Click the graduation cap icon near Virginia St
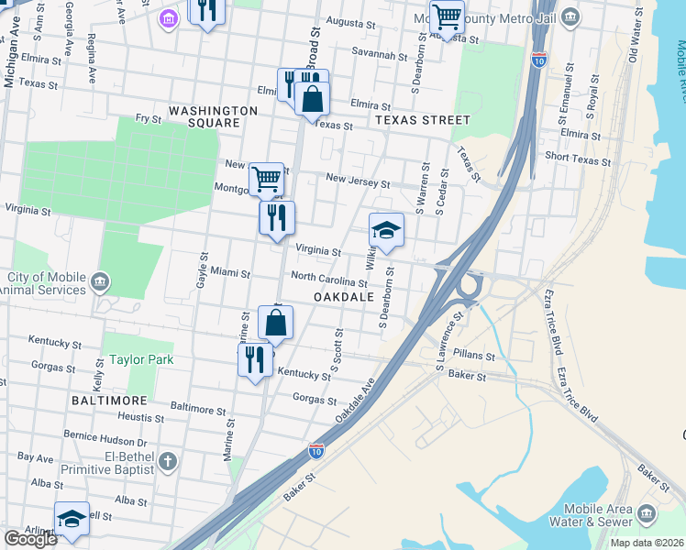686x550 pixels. (x=386, y=230)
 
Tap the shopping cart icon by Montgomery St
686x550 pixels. (x=266, y=179)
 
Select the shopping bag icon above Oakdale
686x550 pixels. (x=275, y=323)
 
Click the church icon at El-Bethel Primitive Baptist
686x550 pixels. (x=166, y=460)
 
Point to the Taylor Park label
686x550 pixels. (x=142, y=360)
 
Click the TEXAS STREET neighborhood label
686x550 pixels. (x=422, y=120)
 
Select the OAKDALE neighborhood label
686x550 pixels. (x=344, y=298)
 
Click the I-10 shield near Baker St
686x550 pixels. (x=315, y=450)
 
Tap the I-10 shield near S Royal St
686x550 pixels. (x=540, y=60)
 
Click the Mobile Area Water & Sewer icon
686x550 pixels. (x=647, y=511)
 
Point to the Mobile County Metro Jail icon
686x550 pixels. (x=570, y=16)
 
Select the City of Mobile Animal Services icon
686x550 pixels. (x=101, y=280)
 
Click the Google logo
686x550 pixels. (x=30, y=539)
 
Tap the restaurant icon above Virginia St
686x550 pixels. (x=276, y=218)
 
